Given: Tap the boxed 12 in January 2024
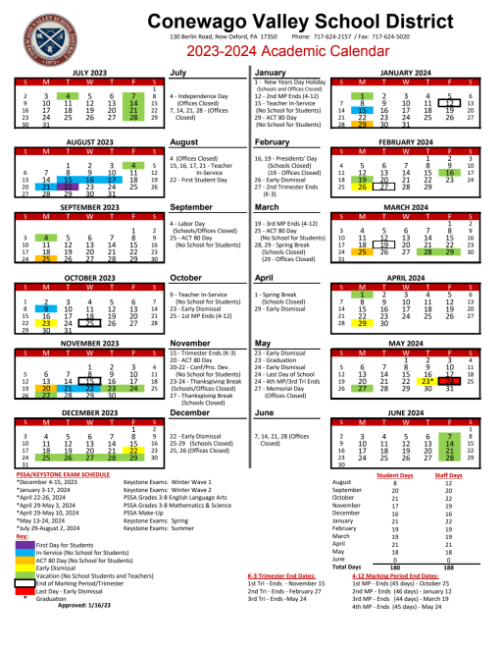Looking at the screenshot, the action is pyautogui.click(x=449, y=102).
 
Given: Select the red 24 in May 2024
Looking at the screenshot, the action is pyautogui.click(x=449, y=379).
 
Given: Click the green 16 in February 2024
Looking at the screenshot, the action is pyautogui.click(x=449, y=172).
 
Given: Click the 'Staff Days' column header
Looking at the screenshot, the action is pyautogui.click(x=447, y=474).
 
